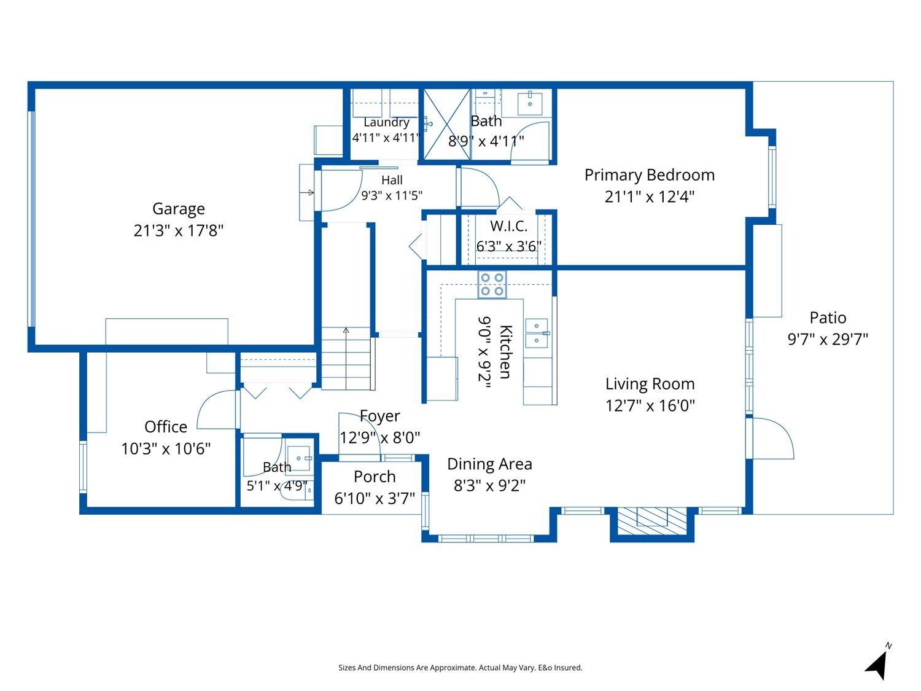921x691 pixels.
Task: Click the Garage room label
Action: click(178, 209)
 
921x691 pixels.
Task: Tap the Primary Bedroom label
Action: click(649, 175)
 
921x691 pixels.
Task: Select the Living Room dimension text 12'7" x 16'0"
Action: click(650, 405)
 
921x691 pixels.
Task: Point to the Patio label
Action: click(828, 318)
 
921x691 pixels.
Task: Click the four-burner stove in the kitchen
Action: click(492, 284)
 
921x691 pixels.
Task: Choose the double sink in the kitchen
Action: click(537, 333)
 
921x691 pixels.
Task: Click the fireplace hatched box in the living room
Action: click(652, 521)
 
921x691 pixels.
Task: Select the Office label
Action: click(166, 427)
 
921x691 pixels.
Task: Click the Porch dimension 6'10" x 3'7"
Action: click(375, 498)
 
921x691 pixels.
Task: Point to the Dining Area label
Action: click(489, 464)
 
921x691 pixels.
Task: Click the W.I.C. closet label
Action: click(508, 226)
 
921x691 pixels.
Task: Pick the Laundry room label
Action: click(386, 122)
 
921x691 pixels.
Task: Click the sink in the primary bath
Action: click(529, 103)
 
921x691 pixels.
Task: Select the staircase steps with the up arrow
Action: click(346, 358)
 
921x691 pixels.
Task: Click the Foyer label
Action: click(379, 416)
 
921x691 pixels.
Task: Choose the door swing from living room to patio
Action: click(773, 437)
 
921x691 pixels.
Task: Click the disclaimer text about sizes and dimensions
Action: click(460, 668)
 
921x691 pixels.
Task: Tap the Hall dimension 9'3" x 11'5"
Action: click(392, 195)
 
